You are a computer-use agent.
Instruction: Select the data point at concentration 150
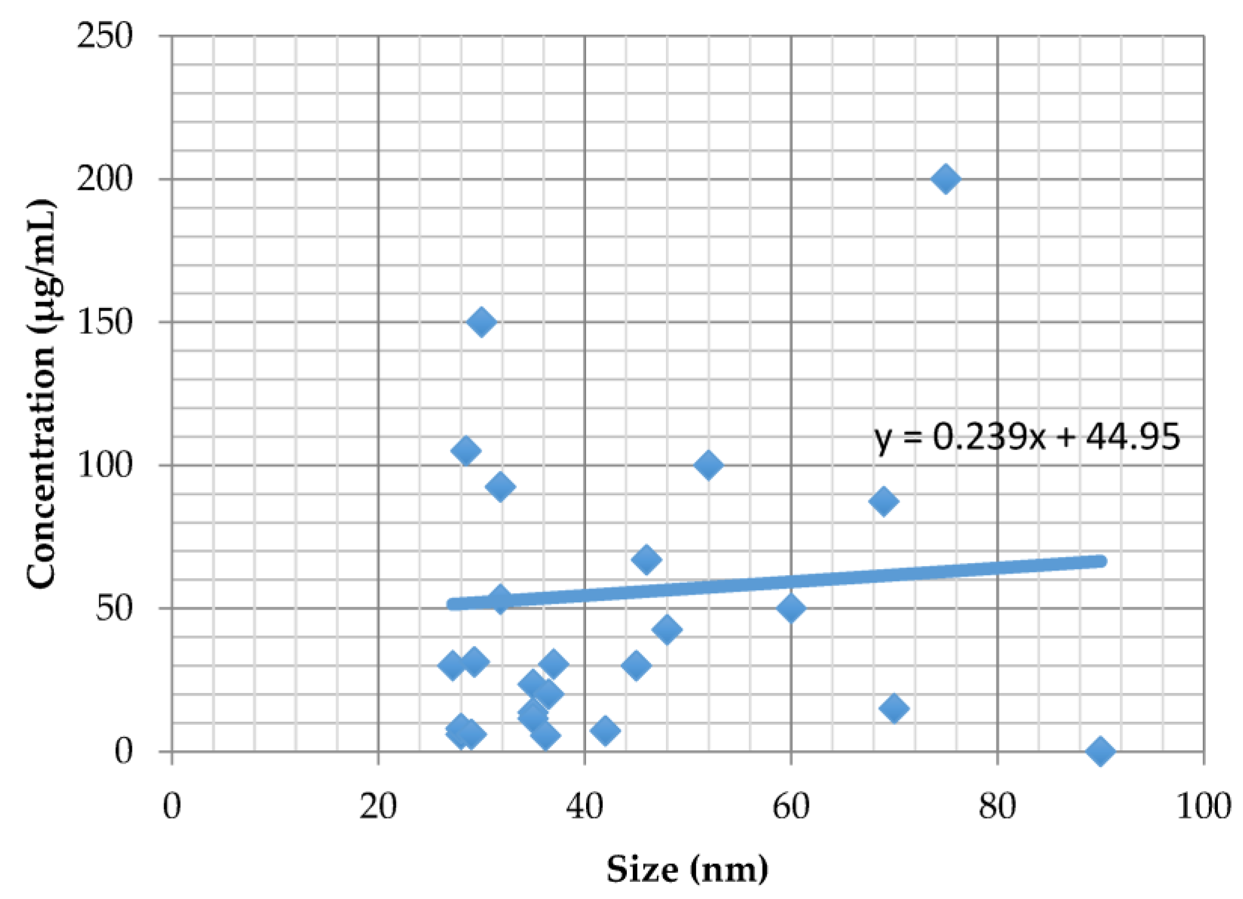pos(482,322)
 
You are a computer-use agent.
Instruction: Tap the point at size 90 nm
pos(1100,751)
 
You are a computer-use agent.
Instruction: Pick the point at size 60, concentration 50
pos(791,608)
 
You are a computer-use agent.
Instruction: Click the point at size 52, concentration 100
pos(708,466)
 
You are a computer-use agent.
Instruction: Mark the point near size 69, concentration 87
pos(883,501)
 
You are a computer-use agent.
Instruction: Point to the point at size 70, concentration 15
pos(894,708)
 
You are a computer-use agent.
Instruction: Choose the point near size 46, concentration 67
pos(646,559)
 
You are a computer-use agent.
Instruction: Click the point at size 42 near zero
pos(605,730)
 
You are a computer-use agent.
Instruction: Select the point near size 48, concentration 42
pos(667,629)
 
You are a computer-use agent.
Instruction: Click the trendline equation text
pos(1027,437)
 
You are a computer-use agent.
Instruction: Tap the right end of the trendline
pos(1099,561)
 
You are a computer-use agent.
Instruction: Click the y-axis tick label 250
pos(104,37)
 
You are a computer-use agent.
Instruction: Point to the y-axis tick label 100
pos(104,466)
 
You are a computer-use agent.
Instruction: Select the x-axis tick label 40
pos(584,807)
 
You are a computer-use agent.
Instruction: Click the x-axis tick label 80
pos(997,807)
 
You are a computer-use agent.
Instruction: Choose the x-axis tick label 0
pos(172,807)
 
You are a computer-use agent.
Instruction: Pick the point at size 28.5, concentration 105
pos(466,451)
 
